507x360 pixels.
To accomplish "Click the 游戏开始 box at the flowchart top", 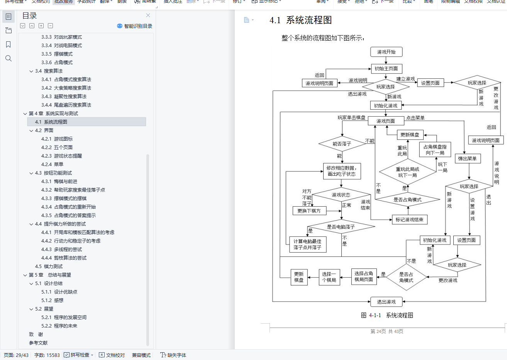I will (x=386, y=52).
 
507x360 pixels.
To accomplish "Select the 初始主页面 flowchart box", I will (x=386, y=69).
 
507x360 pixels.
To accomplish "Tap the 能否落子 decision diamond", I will (x=342, y=144).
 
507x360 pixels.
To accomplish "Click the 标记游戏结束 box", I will (x=409, y=220).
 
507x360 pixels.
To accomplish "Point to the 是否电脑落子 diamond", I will (x=341, y=227).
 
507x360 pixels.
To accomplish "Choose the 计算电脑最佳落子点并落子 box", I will (x=307, y=244).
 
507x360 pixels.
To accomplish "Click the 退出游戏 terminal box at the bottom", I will (x=386, y=302).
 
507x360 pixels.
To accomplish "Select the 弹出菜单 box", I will (x=467, y=158).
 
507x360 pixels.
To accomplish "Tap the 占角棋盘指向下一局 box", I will (x=435, y=149).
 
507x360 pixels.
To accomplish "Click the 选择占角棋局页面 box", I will (x=363, y=277).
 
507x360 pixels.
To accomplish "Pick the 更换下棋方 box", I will (x=309, y=211).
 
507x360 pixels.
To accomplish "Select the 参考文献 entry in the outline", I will (x=38, y=343).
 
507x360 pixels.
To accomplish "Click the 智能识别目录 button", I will (x=135, y=26).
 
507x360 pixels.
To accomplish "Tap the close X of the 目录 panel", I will (x=148, y=15).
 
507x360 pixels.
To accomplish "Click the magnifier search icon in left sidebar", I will (x=8, y=58).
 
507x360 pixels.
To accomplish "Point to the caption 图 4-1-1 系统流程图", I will (x=387, y=315).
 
